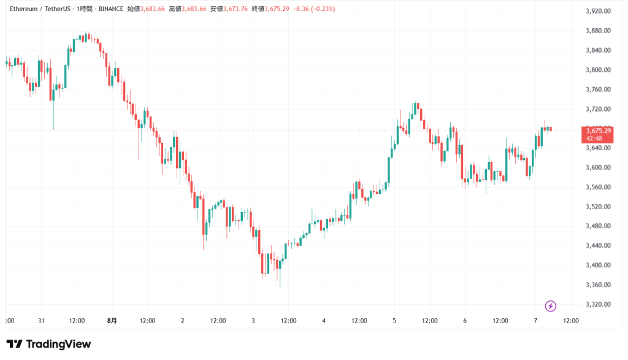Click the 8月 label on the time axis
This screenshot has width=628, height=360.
tap(112, 321)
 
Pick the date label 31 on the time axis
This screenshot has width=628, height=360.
tap(42, 321)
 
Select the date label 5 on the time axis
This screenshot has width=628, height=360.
tap(394, 321)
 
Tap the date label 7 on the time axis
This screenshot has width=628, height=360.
tap(535, 321)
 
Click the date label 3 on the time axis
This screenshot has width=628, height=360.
tap(253, 321)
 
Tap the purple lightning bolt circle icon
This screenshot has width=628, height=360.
tap(551, 305)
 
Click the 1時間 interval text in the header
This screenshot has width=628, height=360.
tap(82, 9)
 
